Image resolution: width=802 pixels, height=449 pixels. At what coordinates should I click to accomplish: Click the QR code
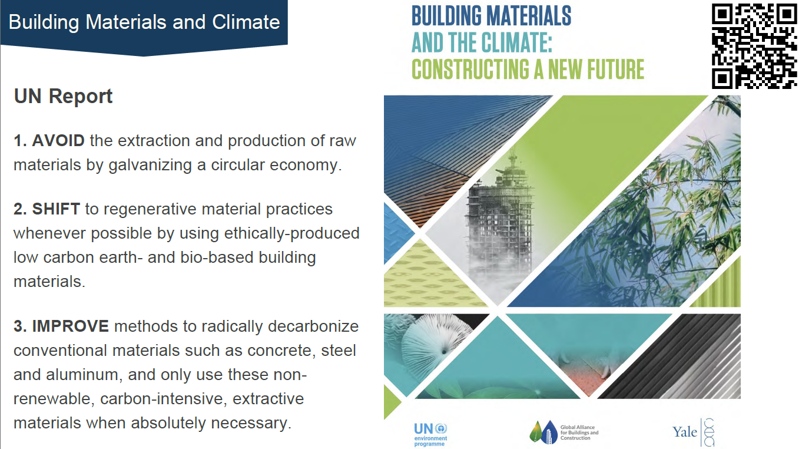(x=754, y=46)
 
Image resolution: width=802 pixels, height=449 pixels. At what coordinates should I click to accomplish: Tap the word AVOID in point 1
(x=58, y=141)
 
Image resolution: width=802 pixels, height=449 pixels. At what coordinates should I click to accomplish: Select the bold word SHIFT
(x=56, y=209)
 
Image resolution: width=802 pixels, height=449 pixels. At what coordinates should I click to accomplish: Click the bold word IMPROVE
(x=71, y=326)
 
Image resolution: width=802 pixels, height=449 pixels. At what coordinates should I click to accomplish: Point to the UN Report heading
(x=63, y=97)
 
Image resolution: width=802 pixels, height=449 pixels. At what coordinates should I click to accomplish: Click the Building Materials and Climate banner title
(x=144, y=22)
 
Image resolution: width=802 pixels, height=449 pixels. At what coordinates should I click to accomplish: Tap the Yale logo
(x=693, y=432)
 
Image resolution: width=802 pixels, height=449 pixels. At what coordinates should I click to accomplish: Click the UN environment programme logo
(x=430, y=434)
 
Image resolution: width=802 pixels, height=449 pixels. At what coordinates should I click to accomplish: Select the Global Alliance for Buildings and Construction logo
(x=564, y=432)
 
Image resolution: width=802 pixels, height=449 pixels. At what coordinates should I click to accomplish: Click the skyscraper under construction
(x=499, y=222)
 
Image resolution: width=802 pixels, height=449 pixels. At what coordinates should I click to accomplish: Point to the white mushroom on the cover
(x=435, y=344)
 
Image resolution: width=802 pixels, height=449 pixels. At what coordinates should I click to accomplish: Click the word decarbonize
(x=313, y=326)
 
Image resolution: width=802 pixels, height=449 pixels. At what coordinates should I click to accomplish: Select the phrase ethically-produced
(x=292, y=234)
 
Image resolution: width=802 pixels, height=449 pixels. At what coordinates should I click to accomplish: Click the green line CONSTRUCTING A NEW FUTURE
(x=528, y=70)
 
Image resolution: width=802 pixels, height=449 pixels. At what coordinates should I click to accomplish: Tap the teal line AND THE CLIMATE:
(x=482, y=42)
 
